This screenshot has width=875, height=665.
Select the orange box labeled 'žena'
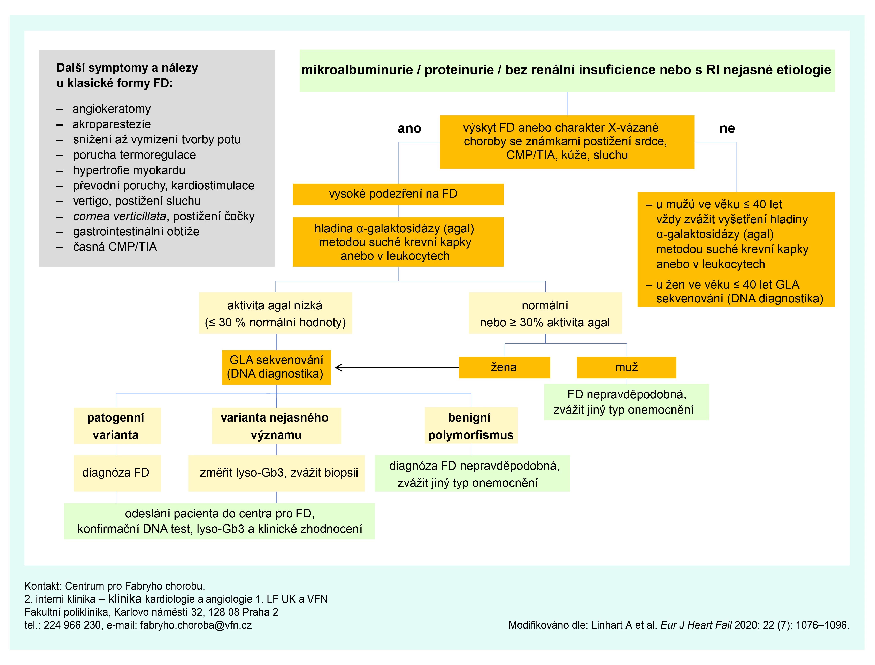tap(504, 367)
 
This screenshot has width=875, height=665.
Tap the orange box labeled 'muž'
tap(627, 367)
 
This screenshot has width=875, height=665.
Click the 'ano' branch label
tap(409, 128)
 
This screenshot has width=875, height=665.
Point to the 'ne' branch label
tap(727, 128)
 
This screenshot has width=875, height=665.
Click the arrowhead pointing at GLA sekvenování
tap(339, 368)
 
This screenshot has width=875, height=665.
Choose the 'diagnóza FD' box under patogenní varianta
tap(117, 473)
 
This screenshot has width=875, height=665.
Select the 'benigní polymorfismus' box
tap(471, 425)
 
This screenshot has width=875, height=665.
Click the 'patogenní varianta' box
tap(117, 425)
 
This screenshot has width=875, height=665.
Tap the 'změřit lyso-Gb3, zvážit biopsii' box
tap(276, 473)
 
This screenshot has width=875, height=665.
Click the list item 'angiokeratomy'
tap(112, 109)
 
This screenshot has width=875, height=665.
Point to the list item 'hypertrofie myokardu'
tap(129, 170)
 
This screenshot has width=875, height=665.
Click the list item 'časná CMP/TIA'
tap(115, 247)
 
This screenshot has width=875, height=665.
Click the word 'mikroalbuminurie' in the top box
tap(357, 70)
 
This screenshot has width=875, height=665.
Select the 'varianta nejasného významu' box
tap(276, 425)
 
